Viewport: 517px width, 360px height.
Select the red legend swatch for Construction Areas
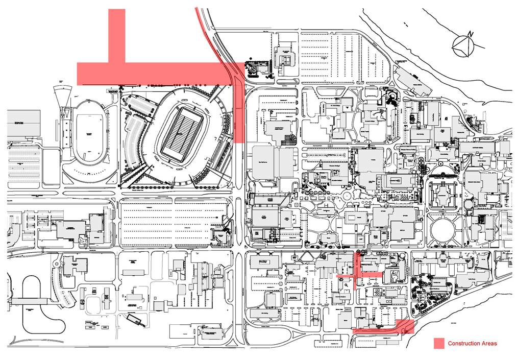[x=439, y=343]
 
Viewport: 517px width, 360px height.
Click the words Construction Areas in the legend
[x=472, y=343]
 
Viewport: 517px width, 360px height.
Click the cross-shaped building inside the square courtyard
[x=445, y=194]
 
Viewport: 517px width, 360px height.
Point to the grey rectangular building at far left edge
[x=23, y=123]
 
